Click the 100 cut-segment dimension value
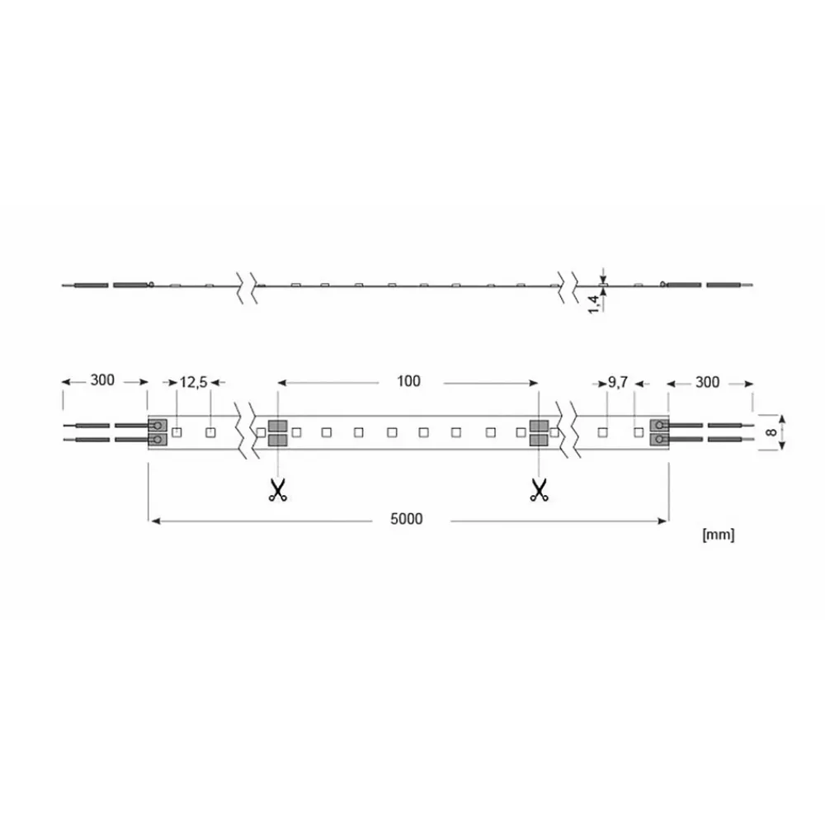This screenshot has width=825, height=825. [x=408, y=381]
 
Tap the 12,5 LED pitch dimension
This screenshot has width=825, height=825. [x=193, y=382]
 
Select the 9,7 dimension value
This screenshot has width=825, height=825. [x=619, y=382]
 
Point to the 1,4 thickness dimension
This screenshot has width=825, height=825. [x=593, y=302]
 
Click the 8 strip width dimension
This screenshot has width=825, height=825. [x=771, y=432]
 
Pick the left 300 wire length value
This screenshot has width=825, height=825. [x=101, y=381]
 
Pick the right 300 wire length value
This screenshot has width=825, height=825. [x=707, y=381]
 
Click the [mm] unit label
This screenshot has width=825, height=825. [x=717, y=535]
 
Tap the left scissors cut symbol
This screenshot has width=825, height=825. [x=277, y=490]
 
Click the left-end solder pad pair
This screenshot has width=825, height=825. [x=157, y=433]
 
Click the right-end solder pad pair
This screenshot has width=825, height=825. [x=659, y=433]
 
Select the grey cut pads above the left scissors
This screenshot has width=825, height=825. [x=277, y=433]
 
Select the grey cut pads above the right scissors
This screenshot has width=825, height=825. [x=539, y=433]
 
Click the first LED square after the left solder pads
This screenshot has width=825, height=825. [x=177, y=431]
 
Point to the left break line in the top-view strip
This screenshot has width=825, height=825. [x=246, y=432]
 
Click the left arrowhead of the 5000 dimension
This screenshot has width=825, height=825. [x=153, y=519]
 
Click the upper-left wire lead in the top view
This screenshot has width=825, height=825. [x=87, y=426]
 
